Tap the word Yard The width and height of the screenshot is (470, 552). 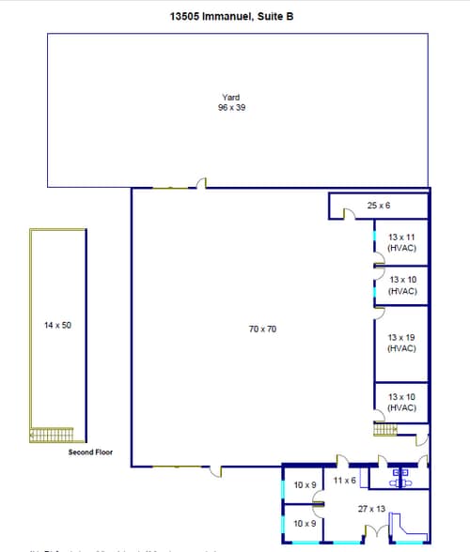[x=230, y=98]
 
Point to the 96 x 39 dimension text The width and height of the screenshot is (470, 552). [x=231, y=108]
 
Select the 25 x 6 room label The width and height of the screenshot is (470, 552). [x=378, y=205]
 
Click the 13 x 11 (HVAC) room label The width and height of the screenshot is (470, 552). [x=401, y=242]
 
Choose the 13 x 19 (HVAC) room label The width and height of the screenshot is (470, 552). [x=401, y=342]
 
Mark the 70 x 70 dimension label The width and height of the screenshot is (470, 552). [x=262, y=330]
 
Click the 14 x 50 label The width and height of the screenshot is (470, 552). [x=57, y=325]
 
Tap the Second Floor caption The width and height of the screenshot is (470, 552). [x=90, y=452]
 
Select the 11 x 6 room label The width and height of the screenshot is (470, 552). [x=344, y=481]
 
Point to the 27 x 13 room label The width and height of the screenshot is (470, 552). [x=371, y=508]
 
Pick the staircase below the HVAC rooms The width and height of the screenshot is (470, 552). [x=387, y=430]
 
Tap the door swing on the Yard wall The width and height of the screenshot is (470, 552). [x=200, y=183]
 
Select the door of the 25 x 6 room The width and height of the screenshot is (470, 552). [x=347, y=215]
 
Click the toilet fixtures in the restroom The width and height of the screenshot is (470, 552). [x=401, y=475]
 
